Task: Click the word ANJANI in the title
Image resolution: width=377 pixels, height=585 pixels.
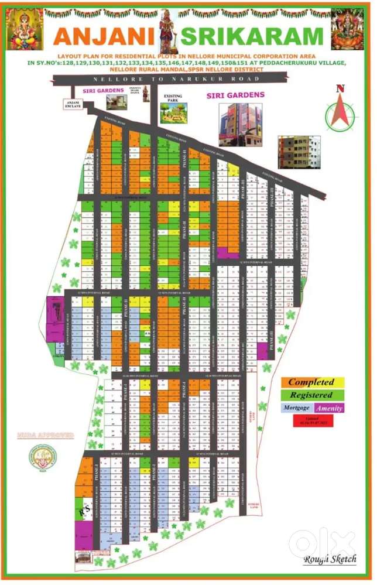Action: [x=105, y=36]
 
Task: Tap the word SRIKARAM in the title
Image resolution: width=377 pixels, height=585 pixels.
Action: [x=252, y=36]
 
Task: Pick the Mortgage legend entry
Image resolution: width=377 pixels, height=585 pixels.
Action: [x=296, y=408]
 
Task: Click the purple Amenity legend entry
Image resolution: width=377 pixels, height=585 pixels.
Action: [x=329, y=408]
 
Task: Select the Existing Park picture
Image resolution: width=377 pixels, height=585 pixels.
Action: [x=174, y=111]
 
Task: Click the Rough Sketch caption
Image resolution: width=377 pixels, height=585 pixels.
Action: [x=330, y=559]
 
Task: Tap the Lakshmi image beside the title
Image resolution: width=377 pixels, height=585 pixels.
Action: [x=347, y=29]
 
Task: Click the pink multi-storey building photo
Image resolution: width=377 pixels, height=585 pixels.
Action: [x=237, y=124]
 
